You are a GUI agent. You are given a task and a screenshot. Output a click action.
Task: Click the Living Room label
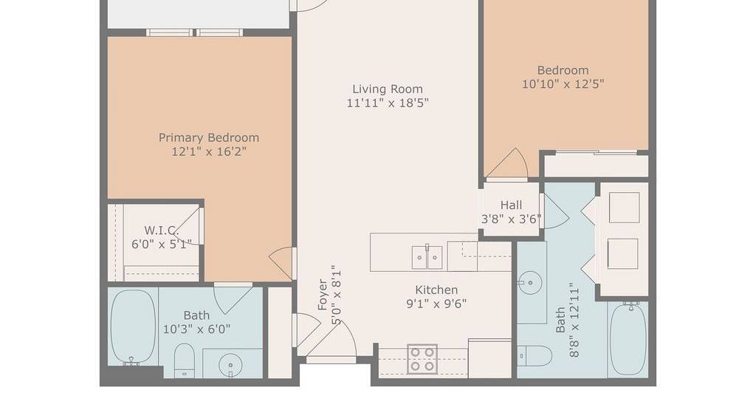pyautogui.click(x=388, y=89)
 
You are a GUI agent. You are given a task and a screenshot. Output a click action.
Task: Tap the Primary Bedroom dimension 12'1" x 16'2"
pyautogui.click(x=209, y=151)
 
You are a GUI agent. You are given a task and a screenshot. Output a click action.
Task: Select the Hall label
pyautogui.click(x=511, y=205)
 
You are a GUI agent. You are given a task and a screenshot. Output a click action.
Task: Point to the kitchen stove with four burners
pyautogui.click(x=422, y=359)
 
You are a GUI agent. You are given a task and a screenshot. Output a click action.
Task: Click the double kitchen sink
pyautogui.click(x=427, y=258)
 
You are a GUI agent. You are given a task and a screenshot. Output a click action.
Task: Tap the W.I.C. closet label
pyautogui.click(x=162, y=230)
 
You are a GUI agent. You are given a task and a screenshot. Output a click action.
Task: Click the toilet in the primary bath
pyautogui.click(x=184, y=360)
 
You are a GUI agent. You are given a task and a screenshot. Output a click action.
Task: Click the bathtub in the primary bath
pyautogui.click(x=133, y=327)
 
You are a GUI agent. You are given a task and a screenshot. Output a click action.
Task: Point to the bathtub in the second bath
pyautogui.click(x=628, y=338)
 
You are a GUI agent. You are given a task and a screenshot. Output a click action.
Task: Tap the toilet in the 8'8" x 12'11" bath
pyautogui.click(x=535, y=356)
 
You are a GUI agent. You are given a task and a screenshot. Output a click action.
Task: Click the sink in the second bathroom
pyautogui.click(x=530, y=283)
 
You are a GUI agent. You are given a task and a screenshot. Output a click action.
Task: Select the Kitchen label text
pyautogui.click(x=436, y=290)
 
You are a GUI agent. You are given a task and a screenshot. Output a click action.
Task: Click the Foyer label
pyautogui.click(x=322, y=294)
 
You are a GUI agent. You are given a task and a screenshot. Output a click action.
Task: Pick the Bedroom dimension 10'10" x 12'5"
pyautogui.click(x=563, y=84)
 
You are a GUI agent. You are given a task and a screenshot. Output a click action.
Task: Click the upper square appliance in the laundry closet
pyautogui.click(x=625, y=208)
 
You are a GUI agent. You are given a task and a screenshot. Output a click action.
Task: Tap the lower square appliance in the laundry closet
pyautogui.click(x=622, y=253)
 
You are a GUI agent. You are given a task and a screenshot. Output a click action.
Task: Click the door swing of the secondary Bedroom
pyautogui.click(x=506, y=163)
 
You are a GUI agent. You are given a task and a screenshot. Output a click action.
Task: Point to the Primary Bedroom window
pyautogui.click(x=195, y=33)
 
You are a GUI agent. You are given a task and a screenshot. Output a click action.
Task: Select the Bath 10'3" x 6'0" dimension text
pyautogui.click(x=196, y=330)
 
